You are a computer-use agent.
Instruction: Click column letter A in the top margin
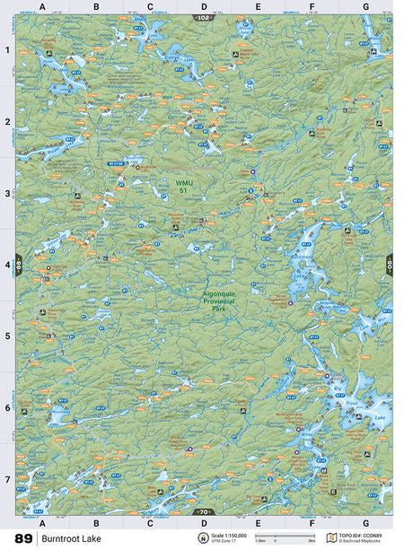[42, 7]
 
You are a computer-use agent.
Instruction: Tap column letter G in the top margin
[365, 7]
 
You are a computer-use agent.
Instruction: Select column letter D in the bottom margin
[204, 521]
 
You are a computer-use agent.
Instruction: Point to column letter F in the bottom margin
[312, 521]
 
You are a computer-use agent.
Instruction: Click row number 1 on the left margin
[7, 50]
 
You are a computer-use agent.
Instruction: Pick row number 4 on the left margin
[7, 265]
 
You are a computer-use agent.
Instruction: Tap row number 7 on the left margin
[7, 479]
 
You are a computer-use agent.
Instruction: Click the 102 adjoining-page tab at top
[204, 17]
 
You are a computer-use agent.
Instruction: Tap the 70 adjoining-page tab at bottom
[204, 511]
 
